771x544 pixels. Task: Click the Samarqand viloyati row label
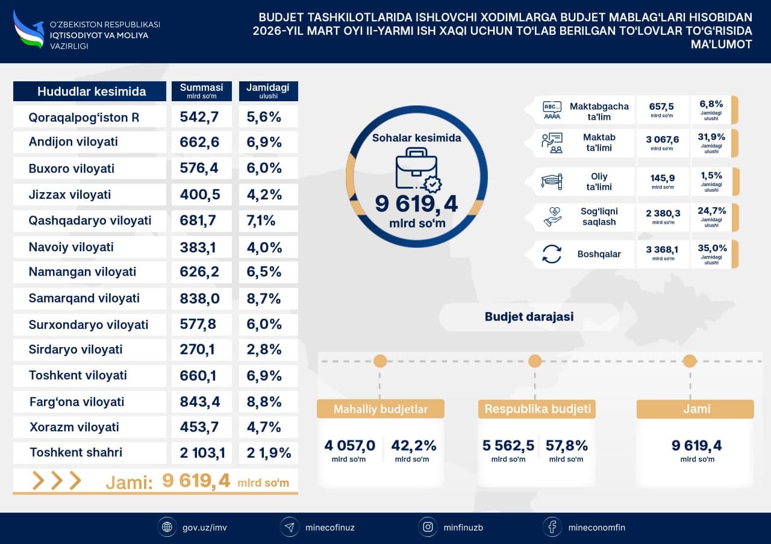point(84,298)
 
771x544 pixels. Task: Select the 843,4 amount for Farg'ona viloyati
point(200,401)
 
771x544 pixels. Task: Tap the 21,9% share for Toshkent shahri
point(269,452)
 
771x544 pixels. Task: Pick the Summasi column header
point(201,90)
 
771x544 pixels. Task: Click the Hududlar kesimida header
point(91,92)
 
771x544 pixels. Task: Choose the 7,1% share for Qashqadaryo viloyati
point(261,220)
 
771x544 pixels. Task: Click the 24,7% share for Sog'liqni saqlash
point(711,211)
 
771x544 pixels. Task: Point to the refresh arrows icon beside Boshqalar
point(552,254)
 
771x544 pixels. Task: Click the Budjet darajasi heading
point(529,316)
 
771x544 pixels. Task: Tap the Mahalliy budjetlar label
point(381,409)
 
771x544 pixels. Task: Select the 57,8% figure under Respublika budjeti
point(566,446)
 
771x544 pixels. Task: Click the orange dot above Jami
point(690,361)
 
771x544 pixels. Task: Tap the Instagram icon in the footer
point(428,527)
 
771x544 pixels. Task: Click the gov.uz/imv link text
point(204,527)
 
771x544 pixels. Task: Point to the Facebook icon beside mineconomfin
point(552,527)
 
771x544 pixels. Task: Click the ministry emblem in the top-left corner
point(29,29)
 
